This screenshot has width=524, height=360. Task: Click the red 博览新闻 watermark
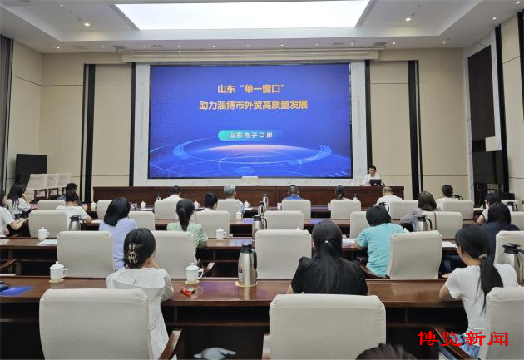pyautogui.click(x=462, y=338)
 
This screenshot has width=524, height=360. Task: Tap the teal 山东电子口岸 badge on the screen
pyautogui.click(x=250, y=136)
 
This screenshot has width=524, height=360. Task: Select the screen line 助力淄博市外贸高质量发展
pyautogui.click(x=254, y=106)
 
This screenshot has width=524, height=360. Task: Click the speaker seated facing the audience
pyautogui.click(x=371, y=175)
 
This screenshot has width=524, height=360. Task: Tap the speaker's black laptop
pyautogui.click(x=375, y=182)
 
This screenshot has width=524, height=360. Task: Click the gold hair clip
pyautogui.click(x=132, y=253)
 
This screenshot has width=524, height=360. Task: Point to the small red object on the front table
pyautogui.click(x=187, y=292)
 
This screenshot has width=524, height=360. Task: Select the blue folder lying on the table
pyautogui.click(x=15, y=290)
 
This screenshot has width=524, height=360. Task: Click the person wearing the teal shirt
pyautogui.click(x=378, y=241)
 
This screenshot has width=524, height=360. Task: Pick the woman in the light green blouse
pyautogui.click(x=187, y=223)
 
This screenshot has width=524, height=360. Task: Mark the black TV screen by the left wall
pyautogui.click(x=31, y=169)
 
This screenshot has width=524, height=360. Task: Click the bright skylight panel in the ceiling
pyautogui.click(x=243, y=14)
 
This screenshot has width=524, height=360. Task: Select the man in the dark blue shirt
pyautogui.click(x=293, y=194)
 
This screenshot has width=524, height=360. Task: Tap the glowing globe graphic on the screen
pyautogui.click(x=250, y=155)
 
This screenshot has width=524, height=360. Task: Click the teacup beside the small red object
pyautogui.click(x=193, y=273)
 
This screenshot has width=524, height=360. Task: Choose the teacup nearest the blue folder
pyautogui.click(x=58, y=272)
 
